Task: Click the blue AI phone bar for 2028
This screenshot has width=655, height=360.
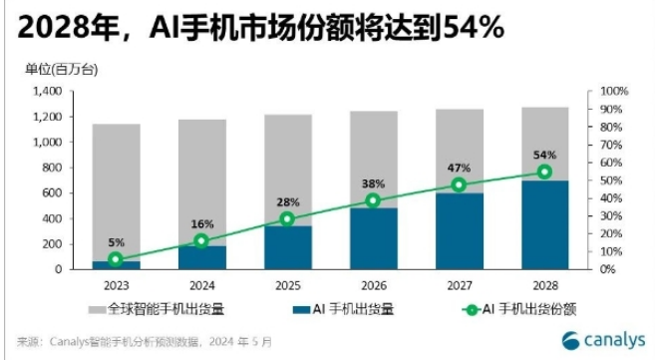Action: pyautogui.click(x=544, y=224)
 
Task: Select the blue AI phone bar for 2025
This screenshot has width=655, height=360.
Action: pyautogui.click(x=287, y=247)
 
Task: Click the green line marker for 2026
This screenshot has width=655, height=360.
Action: pyautogui.click(x=373, y=200)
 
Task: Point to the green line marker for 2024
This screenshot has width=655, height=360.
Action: pyautogui.click(x=201, y=240)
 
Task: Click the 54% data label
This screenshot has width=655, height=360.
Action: pyautogui.click(x=544, y=156)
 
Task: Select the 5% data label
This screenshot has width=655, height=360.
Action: pyautogui.click(x=116, y=242)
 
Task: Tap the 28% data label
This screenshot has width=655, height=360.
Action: pyautogui.click(x=287, y=201)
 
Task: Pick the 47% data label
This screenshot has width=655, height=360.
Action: pyautogui.click(x=459, y=168)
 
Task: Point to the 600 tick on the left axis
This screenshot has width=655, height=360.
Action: pyautogui.click(x=50, y=193)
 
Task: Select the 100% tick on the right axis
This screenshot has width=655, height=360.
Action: pyautogui.click(x=611, y=92)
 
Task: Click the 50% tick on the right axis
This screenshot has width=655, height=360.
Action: pyautogui.click(x=608, y=180)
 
